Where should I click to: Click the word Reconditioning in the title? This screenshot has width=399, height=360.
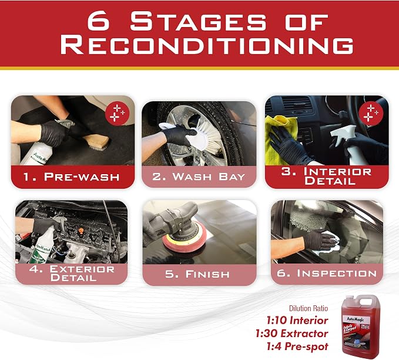(x=207, y=45)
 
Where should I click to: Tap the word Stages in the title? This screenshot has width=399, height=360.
(x=198, y=21)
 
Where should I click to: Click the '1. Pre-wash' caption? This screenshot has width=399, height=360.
(x=72, y=177)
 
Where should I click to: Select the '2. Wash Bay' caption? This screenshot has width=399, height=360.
(x=199, y=176)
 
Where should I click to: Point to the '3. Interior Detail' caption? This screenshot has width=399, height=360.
(x=327, y=176)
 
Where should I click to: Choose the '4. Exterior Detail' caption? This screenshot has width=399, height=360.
(x=72, y=273)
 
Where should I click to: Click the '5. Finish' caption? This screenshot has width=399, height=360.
(x=197, y=274)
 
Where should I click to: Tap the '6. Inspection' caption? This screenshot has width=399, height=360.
(x=327, y=274)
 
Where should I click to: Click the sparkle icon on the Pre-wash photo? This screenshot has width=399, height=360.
(x=118, y=112)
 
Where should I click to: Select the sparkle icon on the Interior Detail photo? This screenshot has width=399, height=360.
(x=371, y=112)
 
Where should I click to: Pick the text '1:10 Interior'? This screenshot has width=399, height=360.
(x=297, y=321)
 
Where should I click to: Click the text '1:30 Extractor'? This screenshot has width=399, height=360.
(x=291, y=334)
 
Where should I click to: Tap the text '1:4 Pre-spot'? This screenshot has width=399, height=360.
(x=297, y=346)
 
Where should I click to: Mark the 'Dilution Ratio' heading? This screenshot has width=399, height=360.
(x=308, y=309)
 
